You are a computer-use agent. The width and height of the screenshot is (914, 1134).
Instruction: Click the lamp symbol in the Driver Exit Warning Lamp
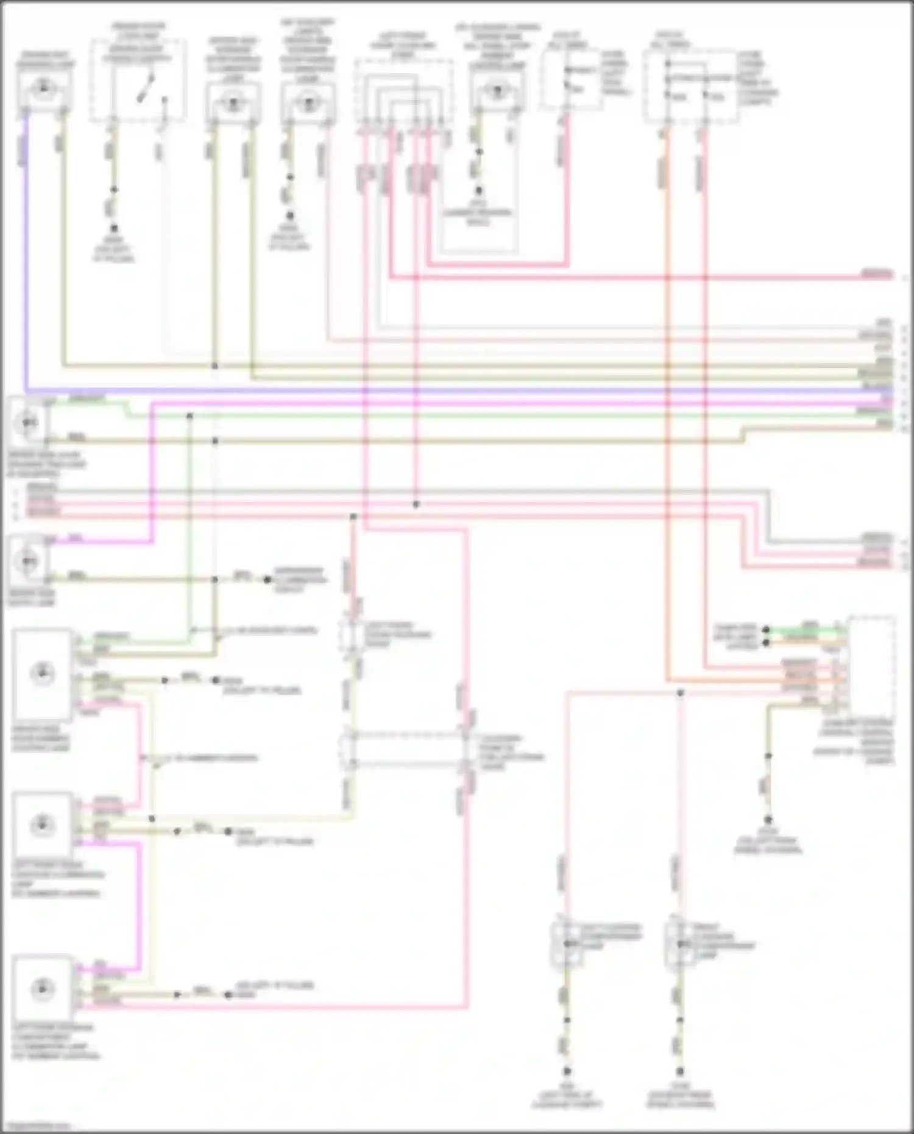point(43,89)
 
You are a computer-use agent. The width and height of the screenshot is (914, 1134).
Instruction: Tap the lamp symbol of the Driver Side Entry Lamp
point(27,560)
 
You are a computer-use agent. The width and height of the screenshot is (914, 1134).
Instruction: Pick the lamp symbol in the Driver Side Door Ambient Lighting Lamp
point(41,673)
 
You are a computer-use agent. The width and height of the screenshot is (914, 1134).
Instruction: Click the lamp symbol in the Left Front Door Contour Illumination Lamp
point(41,826)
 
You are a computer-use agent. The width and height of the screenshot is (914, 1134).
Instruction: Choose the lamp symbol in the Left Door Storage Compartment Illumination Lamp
point(41,988)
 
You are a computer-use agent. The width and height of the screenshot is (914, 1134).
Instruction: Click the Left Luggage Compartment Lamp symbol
point(567,944)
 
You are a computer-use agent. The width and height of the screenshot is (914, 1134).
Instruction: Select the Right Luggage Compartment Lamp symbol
point(680,944)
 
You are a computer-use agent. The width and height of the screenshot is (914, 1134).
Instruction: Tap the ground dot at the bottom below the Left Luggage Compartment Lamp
point(567,1071)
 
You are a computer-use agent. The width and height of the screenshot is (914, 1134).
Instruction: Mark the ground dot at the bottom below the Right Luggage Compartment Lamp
point(680,1071)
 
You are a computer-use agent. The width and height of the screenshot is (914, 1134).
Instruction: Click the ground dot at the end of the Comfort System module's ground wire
point(768,820)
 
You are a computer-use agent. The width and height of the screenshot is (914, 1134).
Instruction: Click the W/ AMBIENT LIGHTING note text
point(213,759)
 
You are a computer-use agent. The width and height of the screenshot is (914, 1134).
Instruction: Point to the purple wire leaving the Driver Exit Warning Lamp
point(26,244)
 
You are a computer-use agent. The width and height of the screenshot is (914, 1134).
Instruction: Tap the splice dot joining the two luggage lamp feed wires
point(681,693)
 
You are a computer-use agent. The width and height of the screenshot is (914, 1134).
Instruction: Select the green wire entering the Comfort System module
point(804,628)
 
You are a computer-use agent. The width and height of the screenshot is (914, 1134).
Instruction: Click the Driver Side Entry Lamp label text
point(30,598)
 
